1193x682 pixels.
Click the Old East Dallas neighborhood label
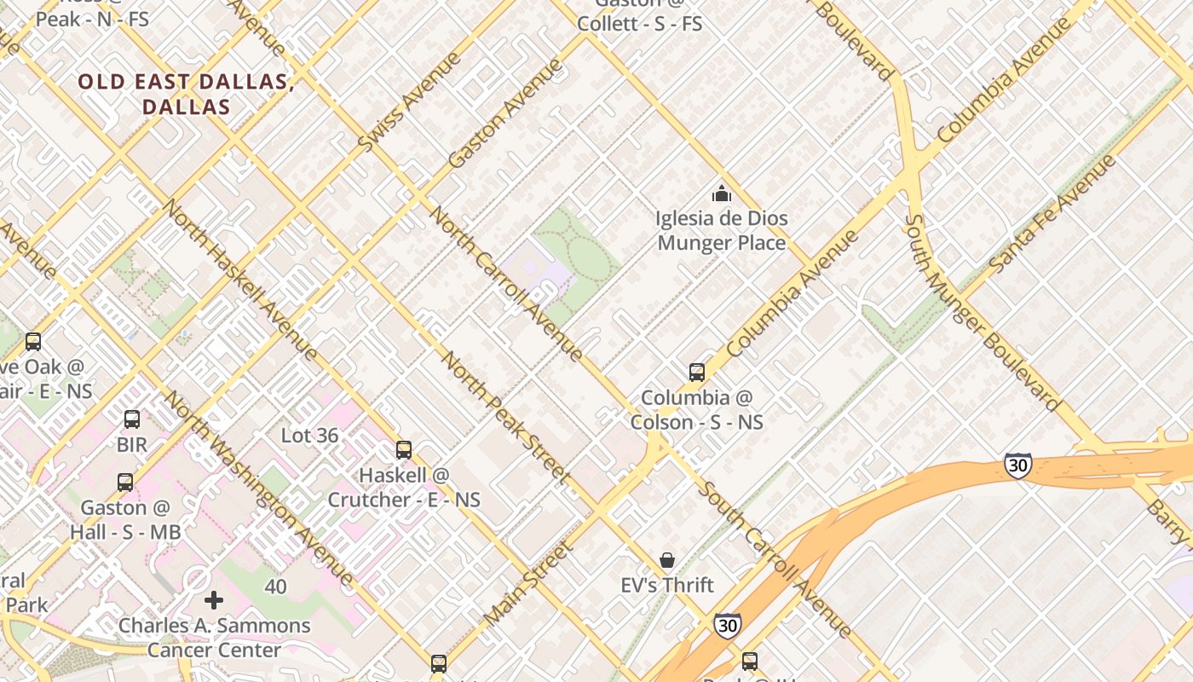pyautogui.click(x=186, y=95)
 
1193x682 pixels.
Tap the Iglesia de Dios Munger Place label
pyautogui.click(x=722, y=230)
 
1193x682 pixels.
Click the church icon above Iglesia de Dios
pyautogui.click(x=722, y=194)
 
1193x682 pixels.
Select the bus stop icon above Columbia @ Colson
pyautogui.click(x=697, y=372)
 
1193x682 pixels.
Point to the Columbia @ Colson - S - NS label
pyautogui.click(x=696, y=410)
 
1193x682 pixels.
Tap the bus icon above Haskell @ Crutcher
pyautogui.click(x=404, y=449)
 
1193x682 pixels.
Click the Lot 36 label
pyautogui.click(x=309, y=436)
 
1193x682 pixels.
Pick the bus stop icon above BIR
pyautogui.click(x=132, y=419)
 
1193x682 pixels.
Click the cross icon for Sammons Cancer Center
pyautogui.click(x=214, y=600)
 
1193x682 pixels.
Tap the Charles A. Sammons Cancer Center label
pyautogui.click(x=214, y=638)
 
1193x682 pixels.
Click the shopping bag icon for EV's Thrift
pyautogui.click(x=667, y=560)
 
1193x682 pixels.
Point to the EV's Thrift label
pyautogui.click(x=667, y=586)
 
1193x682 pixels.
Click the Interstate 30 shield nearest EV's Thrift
pyautogui.click(x=727, y=626)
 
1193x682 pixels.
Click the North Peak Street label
pyautogui.click(x=504, y=419)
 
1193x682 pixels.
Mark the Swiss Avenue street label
pyautogui.click(x=408, y=103)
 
